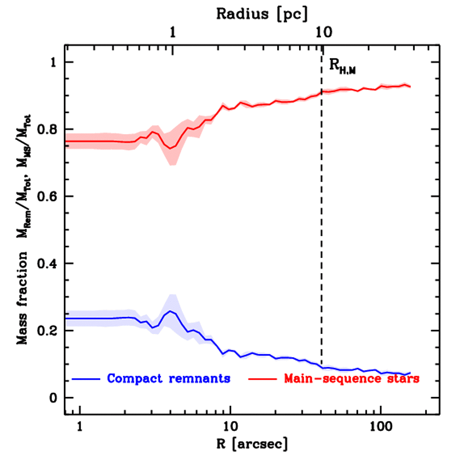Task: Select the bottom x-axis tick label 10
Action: pyautogui.click(x=231, y=426)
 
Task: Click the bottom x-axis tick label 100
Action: pyautogui.click(x=381, y=426)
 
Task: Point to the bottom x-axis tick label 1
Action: pyautogui.click(x=80, y=426)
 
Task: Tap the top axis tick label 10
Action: pyautogui.click(x=322, y=32)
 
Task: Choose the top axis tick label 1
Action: pyautogui.click(x=172, y=32)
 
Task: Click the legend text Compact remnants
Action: pyautogui.click(x=168, y=378)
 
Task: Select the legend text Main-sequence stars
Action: pyautogui.click(x=351, y=378)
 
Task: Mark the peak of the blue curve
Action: pyautogui.click(x=170, y=311)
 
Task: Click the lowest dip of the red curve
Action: pyautogui.click(x=170, y=148)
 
